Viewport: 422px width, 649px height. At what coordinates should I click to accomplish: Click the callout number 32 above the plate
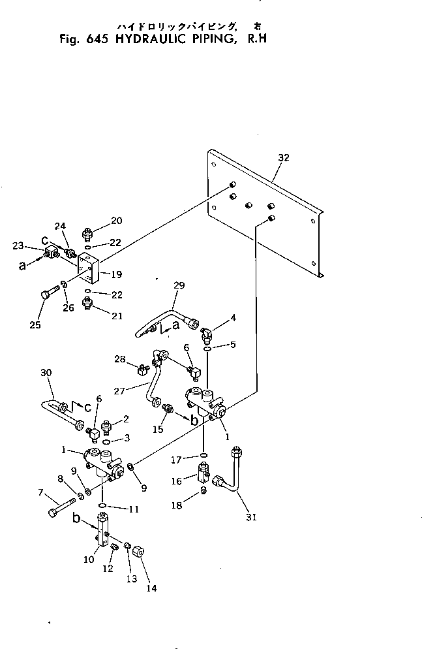coord(284,158)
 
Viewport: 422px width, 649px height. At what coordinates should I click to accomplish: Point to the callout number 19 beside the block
coord(117,274)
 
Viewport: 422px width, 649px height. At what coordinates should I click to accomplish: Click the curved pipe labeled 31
coord(230,472)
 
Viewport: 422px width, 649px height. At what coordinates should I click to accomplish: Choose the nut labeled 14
coord(138,552)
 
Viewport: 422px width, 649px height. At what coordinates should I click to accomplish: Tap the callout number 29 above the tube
coord(179,285)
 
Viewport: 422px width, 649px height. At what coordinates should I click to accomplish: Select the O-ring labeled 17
coord(203,455)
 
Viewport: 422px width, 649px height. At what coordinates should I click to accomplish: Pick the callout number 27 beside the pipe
coord(119,390)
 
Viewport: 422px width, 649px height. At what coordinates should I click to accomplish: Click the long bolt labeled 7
coord(61,507)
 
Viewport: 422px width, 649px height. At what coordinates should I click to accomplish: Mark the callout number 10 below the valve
coord(89,560)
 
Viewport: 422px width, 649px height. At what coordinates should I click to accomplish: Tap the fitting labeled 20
coord(87,234)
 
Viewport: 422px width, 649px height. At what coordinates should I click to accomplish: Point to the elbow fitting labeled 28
coord(143,368)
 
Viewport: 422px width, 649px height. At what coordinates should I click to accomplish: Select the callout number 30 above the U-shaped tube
coord(46,373)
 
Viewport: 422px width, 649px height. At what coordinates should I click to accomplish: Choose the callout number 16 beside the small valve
coord(177,481)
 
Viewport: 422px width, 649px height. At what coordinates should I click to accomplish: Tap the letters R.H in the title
coord(257,39)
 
